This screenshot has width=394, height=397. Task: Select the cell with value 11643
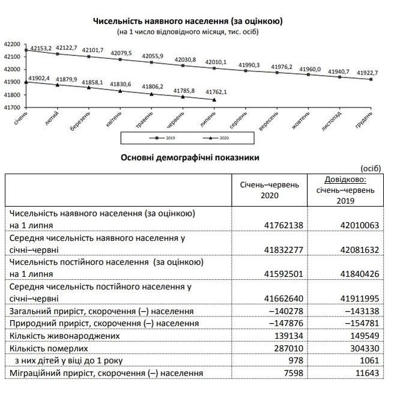tap(367, 373)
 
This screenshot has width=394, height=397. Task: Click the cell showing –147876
tap(280, 323)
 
